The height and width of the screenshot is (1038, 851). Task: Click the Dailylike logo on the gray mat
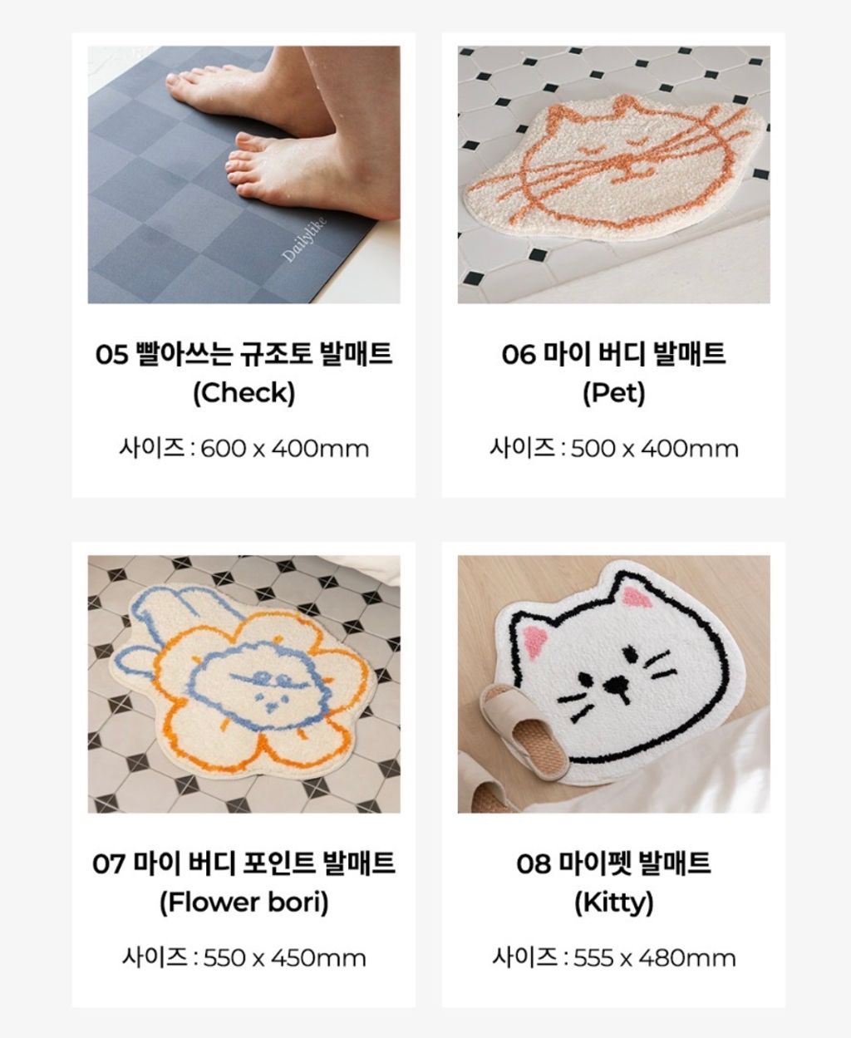pos(303,239)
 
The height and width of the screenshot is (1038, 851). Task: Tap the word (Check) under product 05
pos(243,393)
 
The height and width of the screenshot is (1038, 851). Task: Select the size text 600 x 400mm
pos(285,449)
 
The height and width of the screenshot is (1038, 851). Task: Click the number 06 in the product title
pos(519,354)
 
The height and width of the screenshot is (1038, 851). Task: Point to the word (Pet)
pos(614,393)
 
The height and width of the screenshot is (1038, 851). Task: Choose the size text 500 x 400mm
pos(655,449)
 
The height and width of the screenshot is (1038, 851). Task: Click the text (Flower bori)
pos(243,903)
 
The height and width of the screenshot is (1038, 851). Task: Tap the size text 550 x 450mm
pos(285,958)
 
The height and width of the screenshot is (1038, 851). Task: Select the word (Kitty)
pos(614,903)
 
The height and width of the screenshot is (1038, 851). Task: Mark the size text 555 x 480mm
pos(655,958)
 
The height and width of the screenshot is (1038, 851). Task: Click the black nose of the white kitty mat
pos(616,683)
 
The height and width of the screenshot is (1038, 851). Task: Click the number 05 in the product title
pos(111,354)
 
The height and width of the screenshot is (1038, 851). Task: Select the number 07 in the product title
pos(109,863)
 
